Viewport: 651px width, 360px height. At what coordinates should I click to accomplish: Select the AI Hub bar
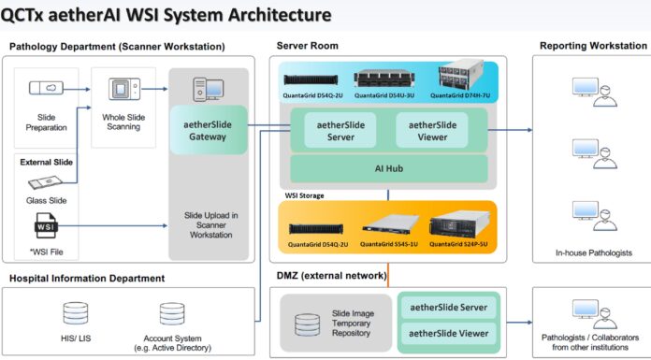(x=388, y=168)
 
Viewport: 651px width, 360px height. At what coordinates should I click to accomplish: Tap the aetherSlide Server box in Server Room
(x=335, y=130)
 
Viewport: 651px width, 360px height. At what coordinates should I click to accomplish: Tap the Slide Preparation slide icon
(x=47, y=88)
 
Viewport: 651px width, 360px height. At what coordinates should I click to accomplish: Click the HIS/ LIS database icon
(x=75, y=314)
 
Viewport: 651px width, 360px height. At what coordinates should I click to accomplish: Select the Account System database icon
(x=172, y=314)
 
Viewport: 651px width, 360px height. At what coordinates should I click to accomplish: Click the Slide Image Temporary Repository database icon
(x=307, y=324)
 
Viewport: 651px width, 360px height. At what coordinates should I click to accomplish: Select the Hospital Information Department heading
(x=87, y=278)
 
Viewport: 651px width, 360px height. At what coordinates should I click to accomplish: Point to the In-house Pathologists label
(x=588, y=252)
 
